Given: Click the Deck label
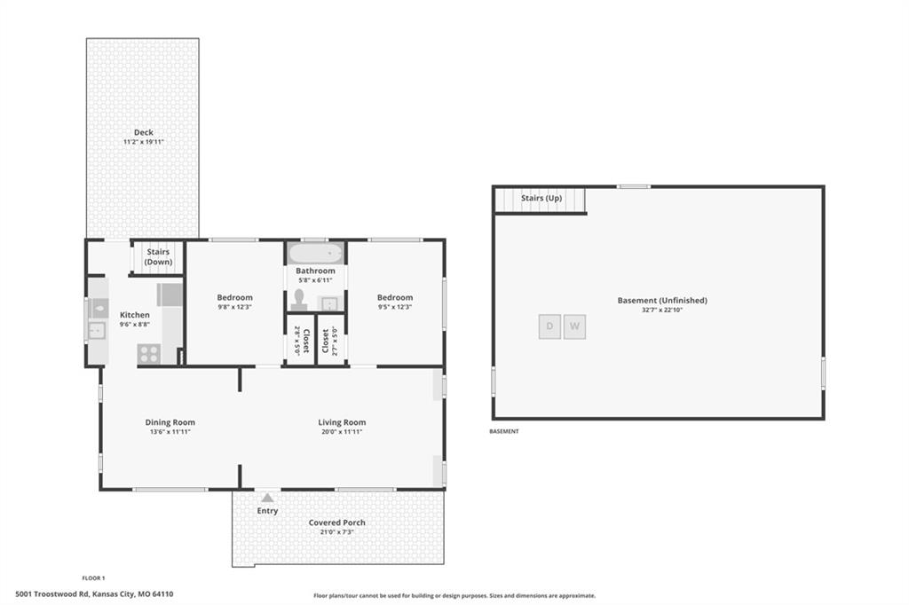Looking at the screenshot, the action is pyautogui.click(x=144, y=132).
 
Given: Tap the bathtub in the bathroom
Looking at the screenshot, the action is pyautogui.click(x=315, y=253).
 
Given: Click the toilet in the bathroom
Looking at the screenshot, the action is pyautogui.click(x=298, y=300).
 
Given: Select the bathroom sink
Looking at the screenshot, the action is pyautogui.click(x=330, y=303).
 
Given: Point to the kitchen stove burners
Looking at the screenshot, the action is pyautogui.click(x=149, y=353).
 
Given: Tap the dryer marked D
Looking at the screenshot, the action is pyautogui.click(x=549, y=326).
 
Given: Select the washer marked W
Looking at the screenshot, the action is pyautogui.click(x=574, y=326).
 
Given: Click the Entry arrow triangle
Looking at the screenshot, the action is pyautogui.click(x=267, y=497).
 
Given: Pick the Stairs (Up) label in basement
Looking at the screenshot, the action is pyautogui.click(x=541, y=198).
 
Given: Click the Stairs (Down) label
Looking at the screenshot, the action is pyautogui.click(x=158, y=256).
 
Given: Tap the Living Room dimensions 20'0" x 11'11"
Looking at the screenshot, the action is pyautogui.click(x=342, y=432).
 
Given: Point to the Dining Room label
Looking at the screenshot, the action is pyautogui.click(x=170, y=422).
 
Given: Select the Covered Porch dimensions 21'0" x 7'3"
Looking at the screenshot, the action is pyautogui.click(x=336, y=532).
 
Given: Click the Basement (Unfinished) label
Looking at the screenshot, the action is pyautogui.click(x=662, y=300).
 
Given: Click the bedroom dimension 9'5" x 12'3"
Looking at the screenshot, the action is pyautogui.click(x=395, y=307).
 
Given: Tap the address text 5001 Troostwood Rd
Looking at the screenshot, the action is pyautogui.click(x=52, y=594).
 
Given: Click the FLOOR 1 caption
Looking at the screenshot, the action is pyautogui.click(x=93, y=577).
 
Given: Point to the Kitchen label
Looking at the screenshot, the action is pyautogui.click(x=135, y=315).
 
